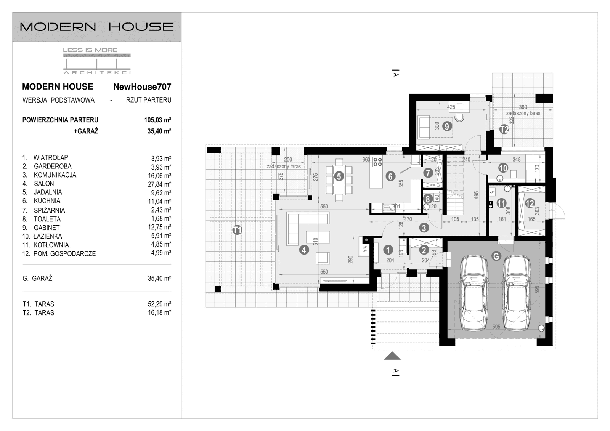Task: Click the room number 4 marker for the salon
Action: coord(304,250)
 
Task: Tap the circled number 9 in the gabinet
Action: coord(446,125)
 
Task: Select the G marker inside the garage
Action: coord(496,256)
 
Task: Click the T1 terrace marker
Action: coord(237,230)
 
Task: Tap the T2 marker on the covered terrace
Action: coord(504,129)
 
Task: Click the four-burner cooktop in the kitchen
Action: coord(377,162)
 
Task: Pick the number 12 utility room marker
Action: coord(530,203)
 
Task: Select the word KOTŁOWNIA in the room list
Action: coord(51,245)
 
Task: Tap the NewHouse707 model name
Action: coord(142,87)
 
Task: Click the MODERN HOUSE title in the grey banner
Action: coord(97,27)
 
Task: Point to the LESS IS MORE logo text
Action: coord(90,50)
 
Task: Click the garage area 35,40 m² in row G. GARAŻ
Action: coord(159,279)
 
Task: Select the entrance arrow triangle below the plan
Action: coord(392,356)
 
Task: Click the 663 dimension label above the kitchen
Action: coord(366,160)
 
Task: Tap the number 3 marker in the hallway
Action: coord(424,228)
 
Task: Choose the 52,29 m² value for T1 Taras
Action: coord(159,304)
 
